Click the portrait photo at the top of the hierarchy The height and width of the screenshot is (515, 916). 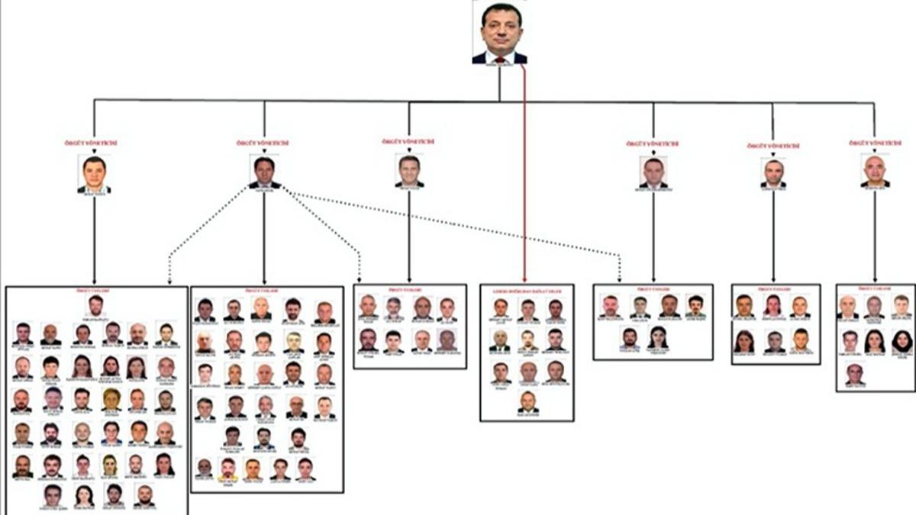pyautogui.click(x=499, y=32)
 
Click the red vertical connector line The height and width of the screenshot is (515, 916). pyautogui.click(x=525, y=175)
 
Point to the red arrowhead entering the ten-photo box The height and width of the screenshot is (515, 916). pyautogui.click(x=525, y=280)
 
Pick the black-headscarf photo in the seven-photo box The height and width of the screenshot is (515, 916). pyautogui.click(x=901, y=340)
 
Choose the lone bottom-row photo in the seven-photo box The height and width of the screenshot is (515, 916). pyautogui.click(x=855, y=374)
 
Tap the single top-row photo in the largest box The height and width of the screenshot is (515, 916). pyautogui.click(x=95, y=305)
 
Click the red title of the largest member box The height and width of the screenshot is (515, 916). pyautogui.click(x=96, y=291)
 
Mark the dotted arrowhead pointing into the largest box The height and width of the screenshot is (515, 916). pyautogui.click(x=169, y=279)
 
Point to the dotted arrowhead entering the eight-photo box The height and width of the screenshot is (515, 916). pyautogui.click(x=359, y=279)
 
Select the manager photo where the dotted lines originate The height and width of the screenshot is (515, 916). pyautogui.click(x=264, y=172)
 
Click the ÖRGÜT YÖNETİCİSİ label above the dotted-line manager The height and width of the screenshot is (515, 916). pyautogui.click(x=264, y=143)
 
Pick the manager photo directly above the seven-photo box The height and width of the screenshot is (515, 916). pyautogui.click(x=875, y=171)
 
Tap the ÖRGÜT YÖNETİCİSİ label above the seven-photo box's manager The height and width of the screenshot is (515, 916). pyautogui.click(x=875, y=143)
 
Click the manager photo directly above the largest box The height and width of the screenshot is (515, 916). pyautogui.click(x=94, y=174)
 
